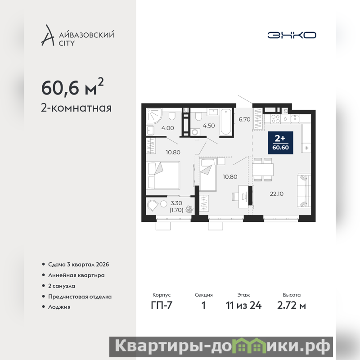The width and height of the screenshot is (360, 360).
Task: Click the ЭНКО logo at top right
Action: [292, 35]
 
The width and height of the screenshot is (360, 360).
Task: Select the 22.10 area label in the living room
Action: [276, 194]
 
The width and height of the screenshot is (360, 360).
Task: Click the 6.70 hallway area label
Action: [244, 119]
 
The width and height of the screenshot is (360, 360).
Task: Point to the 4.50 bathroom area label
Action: [209, 126]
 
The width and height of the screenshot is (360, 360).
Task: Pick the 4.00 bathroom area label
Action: [167, 128]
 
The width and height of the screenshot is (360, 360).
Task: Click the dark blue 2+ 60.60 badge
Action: [280, 143]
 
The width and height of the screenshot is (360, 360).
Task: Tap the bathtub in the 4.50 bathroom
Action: [226, 122]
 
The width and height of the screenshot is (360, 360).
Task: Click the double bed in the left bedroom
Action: [163, 175]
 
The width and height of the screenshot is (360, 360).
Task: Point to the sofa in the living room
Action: [304, 191]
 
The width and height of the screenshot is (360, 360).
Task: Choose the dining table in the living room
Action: [263, 170]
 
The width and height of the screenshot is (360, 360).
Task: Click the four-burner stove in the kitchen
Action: [275, 119]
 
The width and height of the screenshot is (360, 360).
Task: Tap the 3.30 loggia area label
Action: [176, 203]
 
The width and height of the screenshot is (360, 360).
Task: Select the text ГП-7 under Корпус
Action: [162, 306]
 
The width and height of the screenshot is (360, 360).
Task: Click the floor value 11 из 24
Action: [243, 306]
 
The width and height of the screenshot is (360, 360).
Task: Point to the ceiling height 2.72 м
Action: [292, 306]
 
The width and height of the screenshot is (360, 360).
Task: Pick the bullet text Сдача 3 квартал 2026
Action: [78, 265]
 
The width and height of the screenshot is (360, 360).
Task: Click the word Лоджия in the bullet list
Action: [59, 307]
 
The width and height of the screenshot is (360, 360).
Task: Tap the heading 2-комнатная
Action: [76, 108]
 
